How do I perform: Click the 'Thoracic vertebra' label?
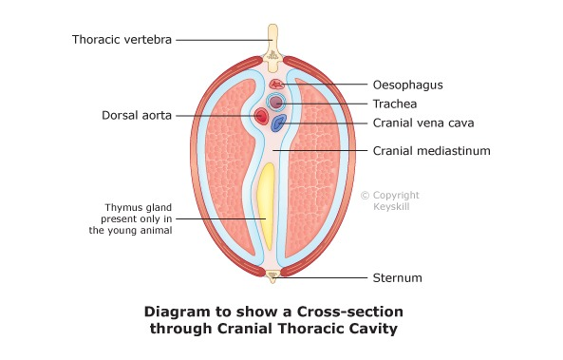tap(122, 39)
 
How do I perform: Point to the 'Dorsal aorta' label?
tap(137, 116)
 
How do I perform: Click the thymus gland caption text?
tap(139, 219)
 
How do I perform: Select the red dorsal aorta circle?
tap(261, 117)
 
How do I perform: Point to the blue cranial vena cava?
tap(279, 123)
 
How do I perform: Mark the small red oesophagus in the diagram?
tap(276, 85)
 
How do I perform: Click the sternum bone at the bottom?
tap(273, 277)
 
